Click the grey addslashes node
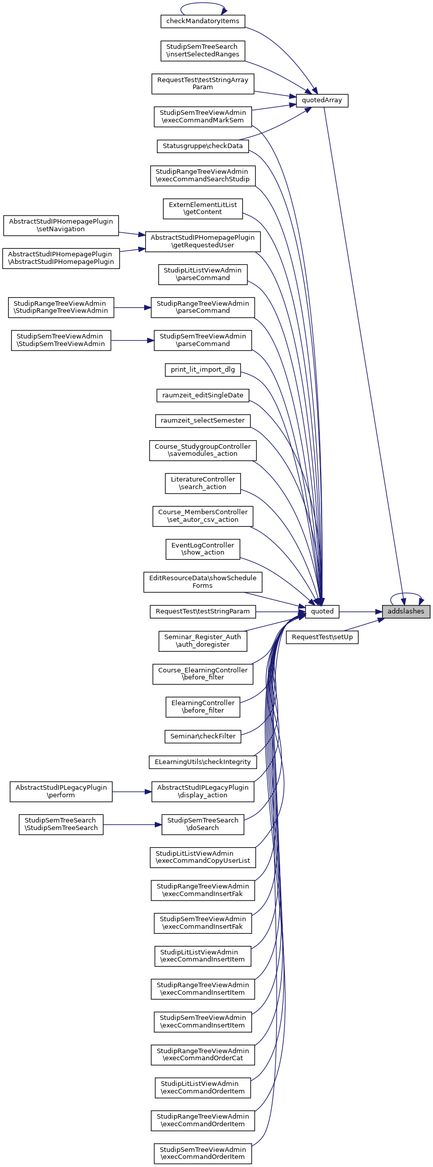[x=406, y=611]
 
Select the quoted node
[x=322, y=611]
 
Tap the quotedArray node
[x=322, y=100]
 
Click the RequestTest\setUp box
[x=322, y=637]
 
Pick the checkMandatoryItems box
[x=203, y=21]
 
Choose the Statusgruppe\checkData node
[x=203, y=146]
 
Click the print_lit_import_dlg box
[x=203, y=370]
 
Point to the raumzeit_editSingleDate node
[x=203, y=395]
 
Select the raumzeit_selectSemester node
[x=203, y=421]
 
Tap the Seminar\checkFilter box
[x=203, y=736]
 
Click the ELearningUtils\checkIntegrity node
[x=203, y=762]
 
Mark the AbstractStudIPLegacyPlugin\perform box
[x=61, y=791]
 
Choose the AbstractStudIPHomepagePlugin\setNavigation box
[x=61, y=225]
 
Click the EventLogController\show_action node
[x=203, y=549]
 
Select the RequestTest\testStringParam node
[x=203, y=611]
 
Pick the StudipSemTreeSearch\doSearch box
[x=203, y=824]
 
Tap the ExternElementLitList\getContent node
[x=203, y=209]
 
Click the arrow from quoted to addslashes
[x=360, y=611]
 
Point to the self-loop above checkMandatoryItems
[x=203, y=6]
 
